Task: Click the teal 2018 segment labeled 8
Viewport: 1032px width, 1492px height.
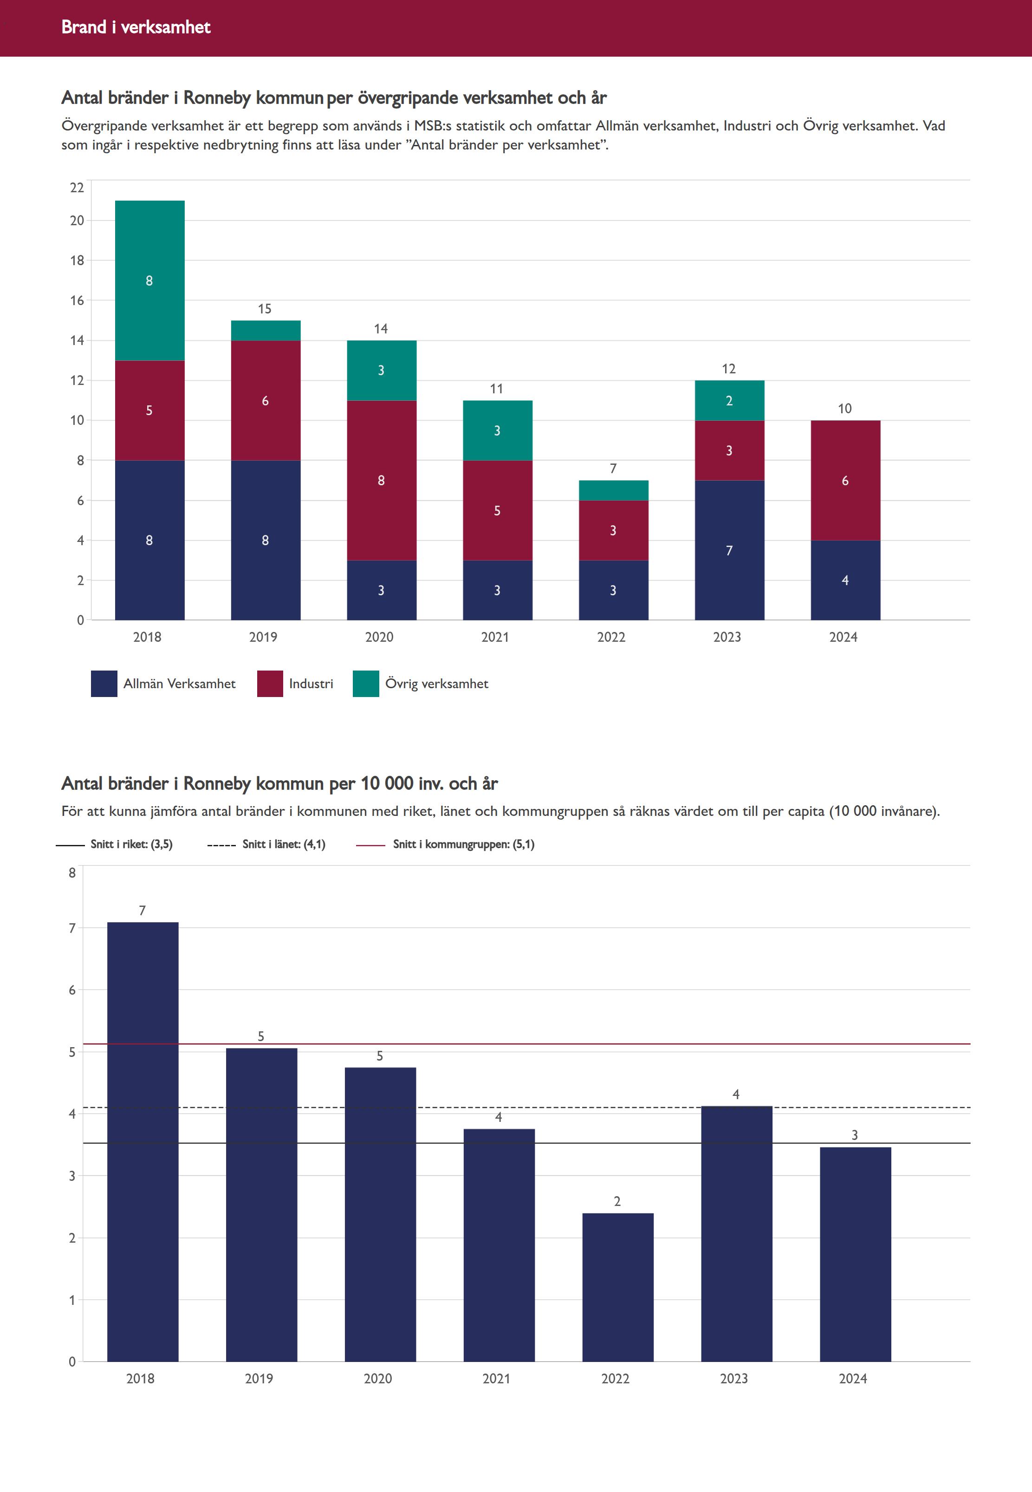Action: coord(149,280)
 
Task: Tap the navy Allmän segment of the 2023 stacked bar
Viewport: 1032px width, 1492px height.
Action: coord(729,550)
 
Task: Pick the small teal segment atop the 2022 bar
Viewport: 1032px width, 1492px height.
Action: coord(613,490)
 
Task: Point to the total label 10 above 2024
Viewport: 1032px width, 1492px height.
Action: coord(844,409)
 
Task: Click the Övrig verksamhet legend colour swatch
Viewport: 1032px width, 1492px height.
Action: coord(365,684)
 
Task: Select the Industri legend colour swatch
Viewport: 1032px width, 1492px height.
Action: coord(270,684)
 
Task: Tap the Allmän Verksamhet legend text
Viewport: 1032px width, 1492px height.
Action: coord(179,684)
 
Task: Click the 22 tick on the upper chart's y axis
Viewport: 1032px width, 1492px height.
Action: coord(77,188)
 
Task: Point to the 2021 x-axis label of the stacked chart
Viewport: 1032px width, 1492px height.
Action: coord(495,637)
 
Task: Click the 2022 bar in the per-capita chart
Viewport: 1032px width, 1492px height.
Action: coord(617,1287)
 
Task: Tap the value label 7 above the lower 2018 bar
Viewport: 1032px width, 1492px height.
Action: coord(142,911)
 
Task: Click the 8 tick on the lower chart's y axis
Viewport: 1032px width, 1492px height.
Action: coord(72,873)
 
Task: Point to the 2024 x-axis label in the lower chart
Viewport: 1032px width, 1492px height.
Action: coord(853,1379)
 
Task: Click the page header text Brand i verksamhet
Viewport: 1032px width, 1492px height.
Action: coord(136,27)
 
